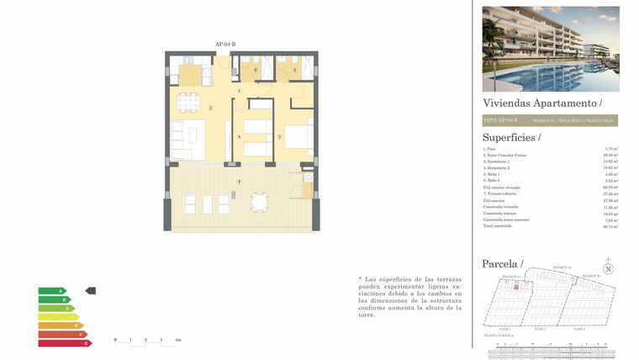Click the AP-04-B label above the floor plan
click(225, 44)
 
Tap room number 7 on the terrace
click(239, 182)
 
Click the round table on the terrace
click(261, 203)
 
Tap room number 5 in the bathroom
click(294, 71)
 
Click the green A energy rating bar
click(51, 291)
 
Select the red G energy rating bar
click(64, 343)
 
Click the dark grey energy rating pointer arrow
click(91, 291)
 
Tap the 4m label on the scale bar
click(177, 340)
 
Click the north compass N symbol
click(609, 269)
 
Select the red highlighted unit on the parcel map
click(516, 287)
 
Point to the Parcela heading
click(502, 264)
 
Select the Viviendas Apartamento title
click(542, 102)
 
